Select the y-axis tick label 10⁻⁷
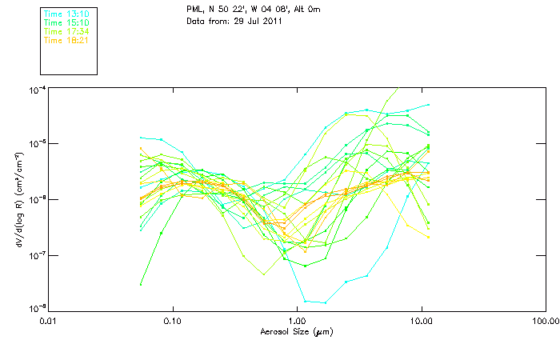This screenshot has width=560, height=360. (x=36, y=255)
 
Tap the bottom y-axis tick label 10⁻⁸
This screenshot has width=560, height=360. (x=36, y=308)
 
